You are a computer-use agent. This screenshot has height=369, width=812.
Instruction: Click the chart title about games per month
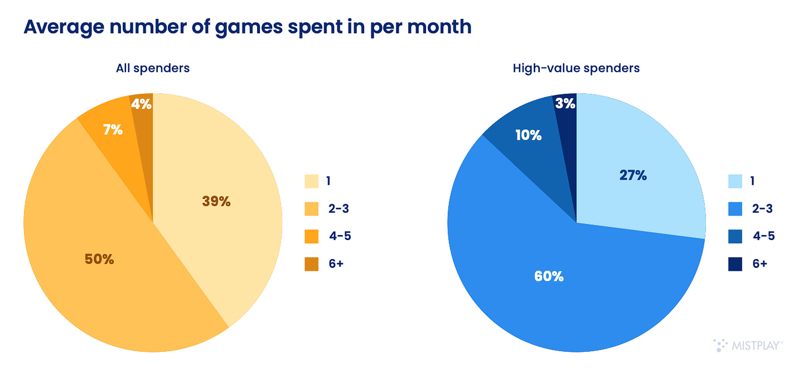(x=247, y=27)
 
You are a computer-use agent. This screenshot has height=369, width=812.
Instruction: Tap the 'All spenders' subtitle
(x=153, y=68)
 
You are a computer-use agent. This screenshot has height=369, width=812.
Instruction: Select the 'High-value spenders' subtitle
(x=576, y=68)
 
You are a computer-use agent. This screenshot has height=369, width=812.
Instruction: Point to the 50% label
(x=99, y=259)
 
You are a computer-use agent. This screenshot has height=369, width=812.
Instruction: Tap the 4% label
(x=142, y=104)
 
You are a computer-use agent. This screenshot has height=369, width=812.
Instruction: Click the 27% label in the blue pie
(x=633, y=175)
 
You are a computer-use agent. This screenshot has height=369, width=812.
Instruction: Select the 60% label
(x=549, y=276)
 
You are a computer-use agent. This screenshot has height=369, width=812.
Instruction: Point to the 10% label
(x=528, y=135)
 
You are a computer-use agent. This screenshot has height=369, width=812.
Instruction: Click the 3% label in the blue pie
(x=565, y=104)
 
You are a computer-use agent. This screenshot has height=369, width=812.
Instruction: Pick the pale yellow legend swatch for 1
(x=311, y=181)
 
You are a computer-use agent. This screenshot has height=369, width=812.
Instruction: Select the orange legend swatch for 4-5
(x=311, y=236)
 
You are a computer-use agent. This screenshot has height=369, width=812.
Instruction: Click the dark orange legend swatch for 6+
(x=311, y=263)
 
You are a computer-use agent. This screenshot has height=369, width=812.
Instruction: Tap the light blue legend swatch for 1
(x=734, y=181)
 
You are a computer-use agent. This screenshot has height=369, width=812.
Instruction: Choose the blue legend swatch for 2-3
(x=734, y=209)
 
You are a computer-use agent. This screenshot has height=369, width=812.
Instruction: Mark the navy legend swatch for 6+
(x=734, y=263)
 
